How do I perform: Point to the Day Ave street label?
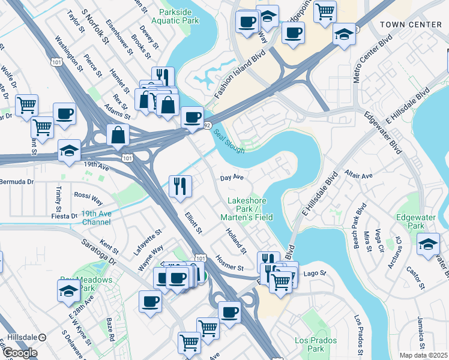tap(231, 178)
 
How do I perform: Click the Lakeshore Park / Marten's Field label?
tap(250, 209)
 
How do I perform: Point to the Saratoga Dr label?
tap(106, 253)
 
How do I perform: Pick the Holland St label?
tap(237, 239)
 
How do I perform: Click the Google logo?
tap(20, 353)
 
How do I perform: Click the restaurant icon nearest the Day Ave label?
tap(179, 186)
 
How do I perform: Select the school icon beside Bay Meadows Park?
tap(68, 291)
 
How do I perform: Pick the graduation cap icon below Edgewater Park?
tap(428, 244)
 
